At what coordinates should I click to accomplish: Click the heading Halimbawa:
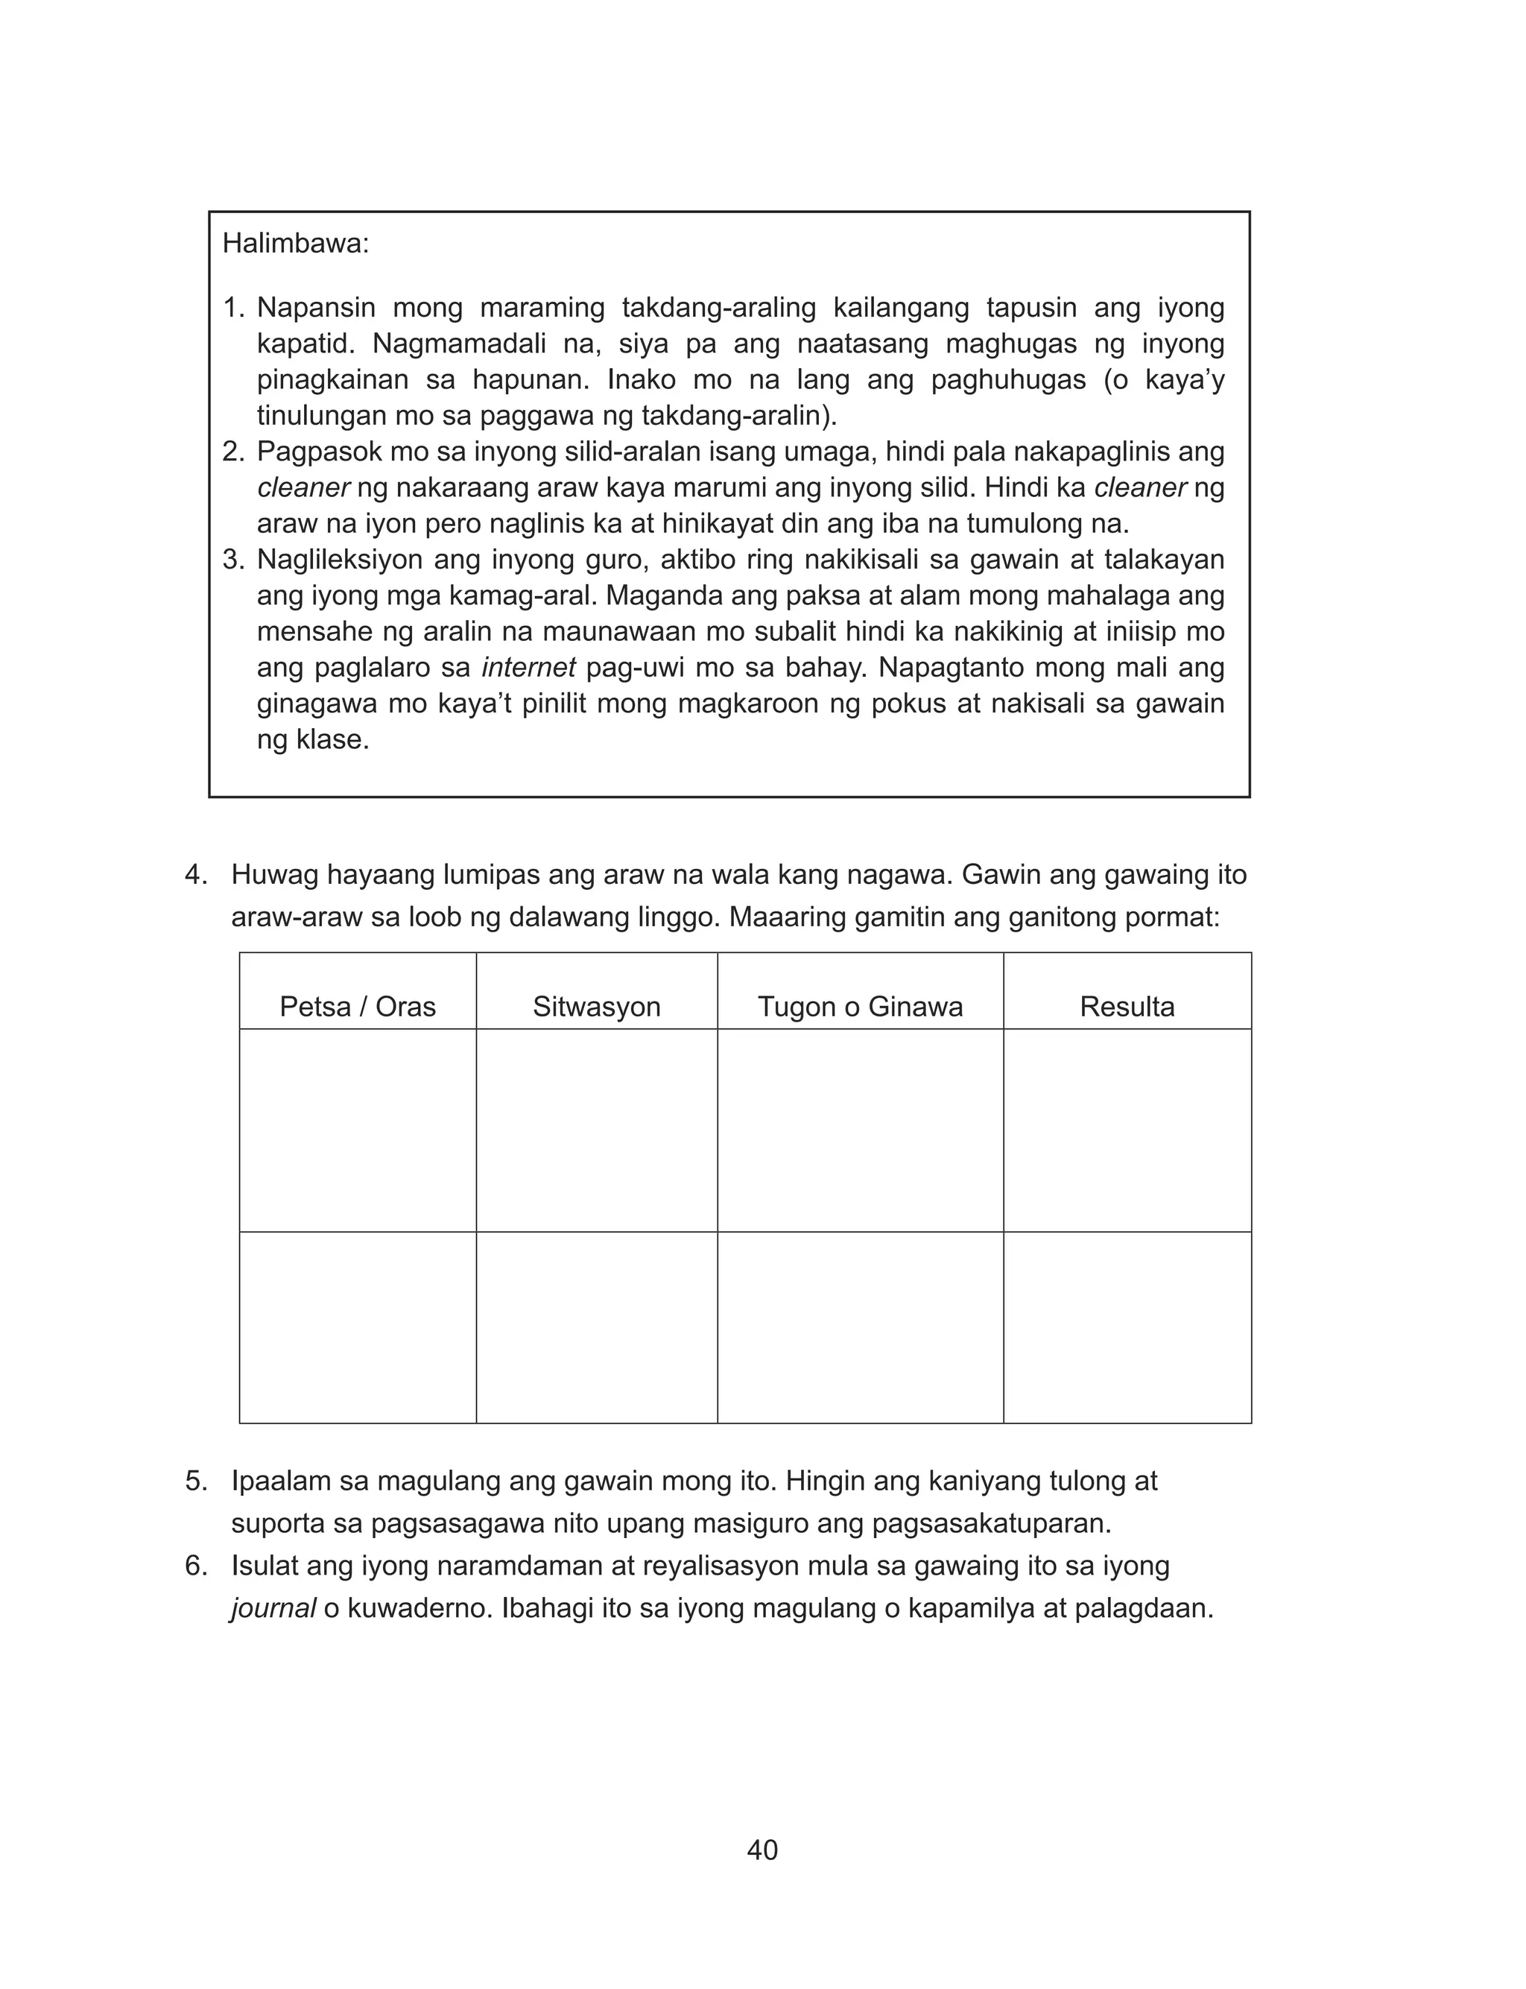[x=295, y=244]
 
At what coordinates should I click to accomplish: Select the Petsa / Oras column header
[x=357, y=1006]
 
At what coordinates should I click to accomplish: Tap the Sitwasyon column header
[x=596, y=1006]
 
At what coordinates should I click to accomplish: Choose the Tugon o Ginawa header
[x=859, y=1006]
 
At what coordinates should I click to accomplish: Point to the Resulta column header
[x=1127, y=1006]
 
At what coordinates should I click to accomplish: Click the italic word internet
[x=528, y=668]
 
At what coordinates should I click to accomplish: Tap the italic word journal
[x=273, y=1608]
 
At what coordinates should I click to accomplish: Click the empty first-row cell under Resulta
[x=1127, y=1130]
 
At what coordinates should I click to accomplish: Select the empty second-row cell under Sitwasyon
[x=596, y=1327]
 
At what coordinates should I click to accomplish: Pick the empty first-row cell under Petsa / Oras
[x=357, y=1130]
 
